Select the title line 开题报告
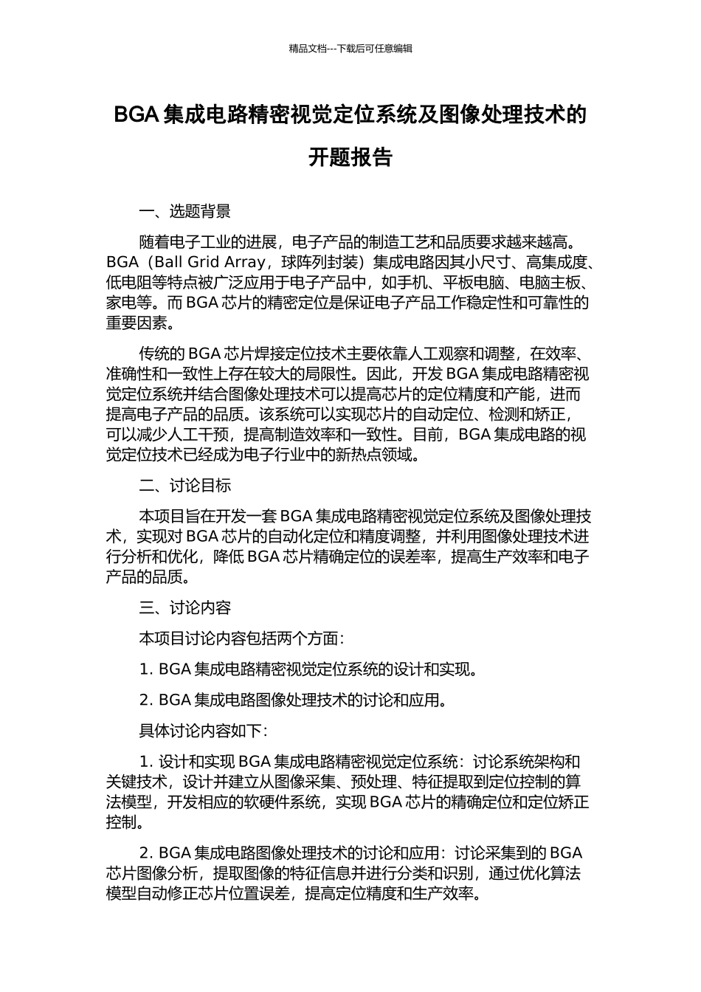tap(350, 157)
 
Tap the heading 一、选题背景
tap(185, 212)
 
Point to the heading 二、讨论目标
tap(185, 485)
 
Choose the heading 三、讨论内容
tap(185, 607)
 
